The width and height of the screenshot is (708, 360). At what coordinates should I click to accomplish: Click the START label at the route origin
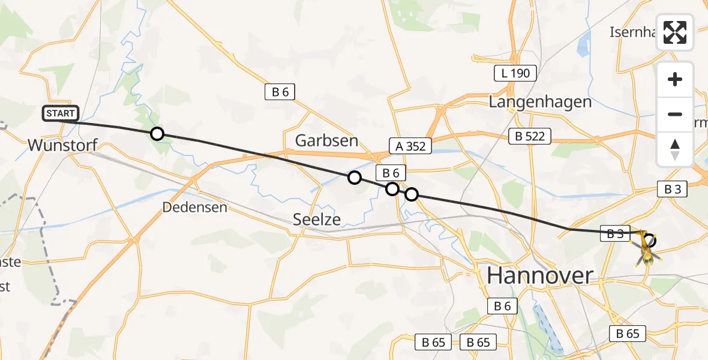coord(61,113)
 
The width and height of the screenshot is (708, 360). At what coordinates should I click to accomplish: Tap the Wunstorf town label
coord(62,145)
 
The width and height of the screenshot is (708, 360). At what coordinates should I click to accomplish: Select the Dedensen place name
coord(195,208)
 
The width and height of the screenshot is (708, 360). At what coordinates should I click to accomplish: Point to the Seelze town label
coord(317,220)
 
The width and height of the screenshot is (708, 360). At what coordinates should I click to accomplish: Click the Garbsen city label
coord(326,141)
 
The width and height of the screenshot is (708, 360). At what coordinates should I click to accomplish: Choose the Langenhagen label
coord(540,102)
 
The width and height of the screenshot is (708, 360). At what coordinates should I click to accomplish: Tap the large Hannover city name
coord(539,275)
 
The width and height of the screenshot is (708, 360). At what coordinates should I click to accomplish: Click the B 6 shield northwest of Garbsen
coord(280,92)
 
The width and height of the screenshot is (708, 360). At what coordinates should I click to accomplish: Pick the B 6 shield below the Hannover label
coord(502,306)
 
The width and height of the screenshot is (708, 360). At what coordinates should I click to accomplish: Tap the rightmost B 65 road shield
coord(628,334)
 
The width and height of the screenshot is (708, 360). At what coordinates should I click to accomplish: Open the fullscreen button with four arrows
coord(675,32)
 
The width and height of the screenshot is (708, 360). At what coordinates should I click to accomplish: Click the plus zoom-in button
coord(675,79)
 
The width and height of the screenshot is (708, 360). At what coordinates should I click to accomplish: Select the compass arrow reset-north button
coord(675,149)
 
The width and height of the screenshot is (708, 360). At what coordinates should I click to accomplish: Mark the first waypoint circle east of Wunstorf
coord(157,134)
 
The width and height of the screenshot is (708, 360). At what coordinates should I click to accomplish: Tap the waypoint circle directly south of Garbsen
coord(355,178)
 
